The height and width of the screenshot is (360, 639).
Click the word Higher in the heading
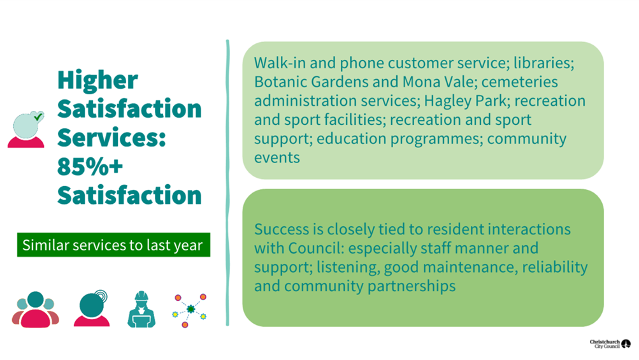point(97,80)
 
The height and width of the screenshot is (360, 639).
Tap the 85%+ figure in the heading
point(90,167)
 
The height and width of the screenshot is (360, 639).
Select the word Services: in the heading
point(111,138)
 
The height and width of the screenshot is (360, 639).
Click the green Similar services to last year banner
point(113,245)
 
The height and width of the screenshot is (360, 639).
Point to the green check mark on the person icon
point(38,117)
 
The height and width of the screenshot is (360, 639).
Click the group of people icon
point(36,310)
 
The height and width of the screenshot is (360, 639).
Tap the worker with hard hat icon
point(141,310)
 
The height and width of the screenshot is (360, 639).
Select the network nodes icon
point(190,310)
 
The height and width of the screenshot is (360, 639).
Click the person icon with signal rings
point(92,308)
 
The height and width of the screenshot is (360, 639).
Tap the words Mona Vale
point(438,82)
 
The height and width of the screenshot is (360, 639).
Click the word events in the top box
point(277,158)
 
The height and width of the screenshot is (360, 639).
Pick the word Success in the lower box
point(282,229)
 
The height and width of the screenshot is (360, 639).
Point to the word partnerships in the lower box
point(412,286)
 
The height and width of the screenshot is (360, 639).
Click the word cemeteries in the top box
point(520,82)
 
